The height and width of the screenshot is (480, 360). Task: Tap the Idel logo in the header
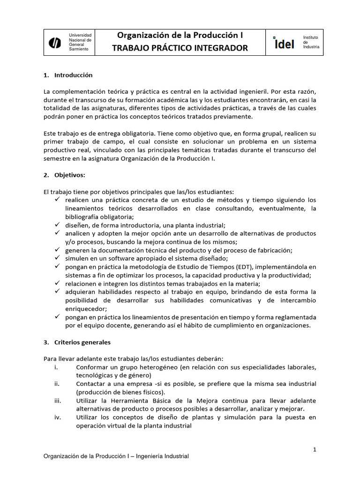284,43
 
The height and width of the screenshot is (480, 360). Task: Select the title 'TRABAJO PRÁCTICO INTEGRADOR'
180,48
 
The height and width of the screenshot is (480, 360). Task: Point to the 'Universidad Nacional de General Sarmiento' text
80,42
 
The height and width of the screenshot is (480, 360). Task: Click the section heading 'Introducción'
74,75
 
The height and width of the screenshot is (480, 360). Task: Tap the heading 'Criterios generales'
82,342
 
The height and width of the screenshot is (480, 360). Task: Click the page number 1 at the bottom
315,450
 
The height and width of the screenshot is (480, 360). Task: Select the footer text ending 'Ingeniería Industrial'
116,456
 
